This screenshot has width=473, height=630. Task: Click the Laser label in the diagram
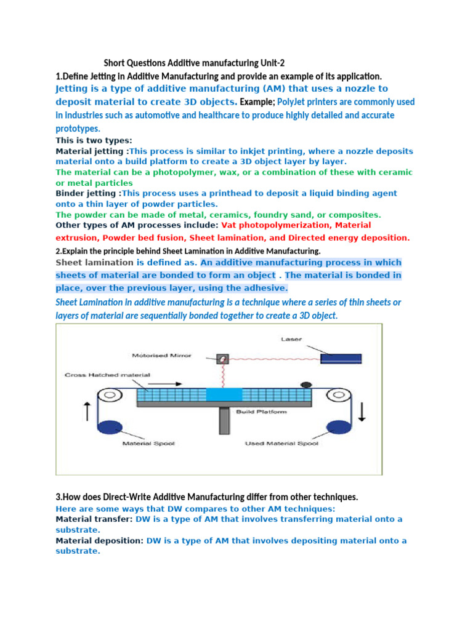291,338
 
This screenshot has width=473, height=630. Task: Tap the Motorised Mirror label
161,355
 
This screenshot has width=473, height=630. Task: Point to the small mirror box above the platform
220,357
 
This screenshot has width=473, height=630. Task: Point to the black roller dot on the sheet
304,385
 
